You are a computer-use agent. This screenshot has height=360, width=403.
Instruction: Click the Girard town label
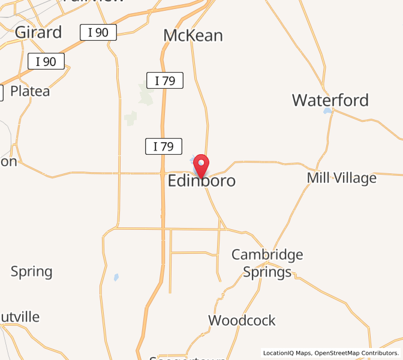[38, 32]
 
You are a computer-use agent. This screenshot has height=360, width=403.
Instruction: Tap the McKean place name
[193, 35]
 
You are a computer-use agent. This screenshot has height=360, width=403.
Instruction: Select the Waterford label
[330, 100]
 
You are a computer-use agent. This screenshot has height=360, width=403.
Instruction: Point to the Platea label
[30, 92]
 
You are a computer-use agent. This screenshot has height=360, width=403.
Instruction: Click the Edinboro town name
[201, 181]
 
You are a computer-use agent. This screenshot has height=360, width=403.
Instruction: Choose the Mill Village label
[341, 178]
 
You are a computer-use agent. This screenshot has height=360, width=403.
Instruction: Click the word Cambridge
[267, 254]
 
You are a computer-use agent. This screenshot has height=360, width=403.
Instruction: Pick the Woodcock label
[242, 320]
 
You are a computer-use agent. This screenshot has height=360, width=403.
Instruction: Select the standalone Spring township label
[32, 271]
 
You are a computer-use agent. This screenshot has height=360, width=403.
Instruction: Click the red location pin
[200, 165]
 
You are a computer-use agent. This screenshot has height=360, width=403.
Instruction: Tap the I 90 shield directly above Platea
[46, 61]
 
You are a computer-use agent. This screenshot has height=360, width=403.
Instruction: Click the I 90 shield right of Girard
[98, 32]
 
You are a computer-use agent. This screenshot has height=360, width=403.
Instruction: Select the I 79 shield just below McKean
[164, 80]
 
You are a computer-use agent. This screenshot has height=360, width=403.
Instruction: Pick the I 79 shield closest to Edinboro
[163, 146]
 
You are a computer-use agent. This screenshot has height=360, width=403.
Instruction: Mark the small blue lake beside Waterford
[327, 111]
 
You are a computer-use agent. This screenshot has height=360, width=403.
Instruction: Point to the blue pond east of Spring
[116, 277]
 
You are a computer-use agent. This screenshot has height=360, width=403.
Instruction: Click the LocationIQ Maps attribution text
[287, 353]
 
